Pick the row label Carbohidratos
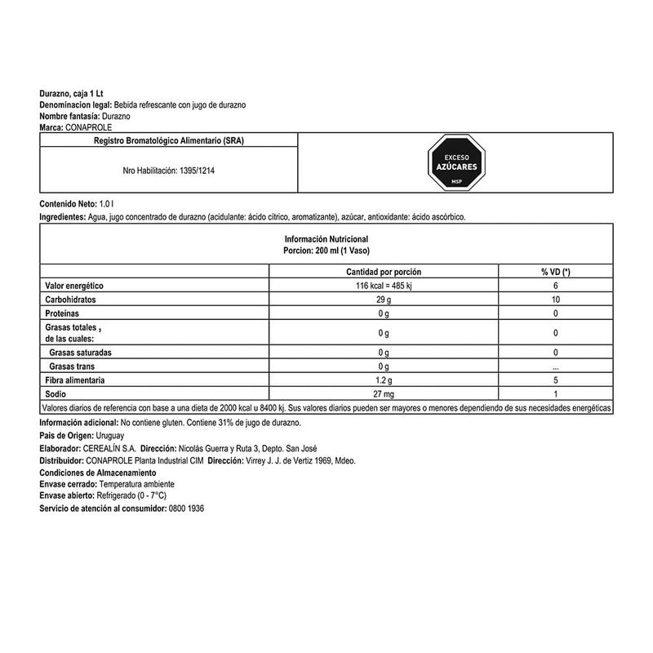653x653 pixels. (x=72, y=300)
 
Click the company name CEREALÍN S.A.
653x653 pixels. (x=109, y=449)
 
